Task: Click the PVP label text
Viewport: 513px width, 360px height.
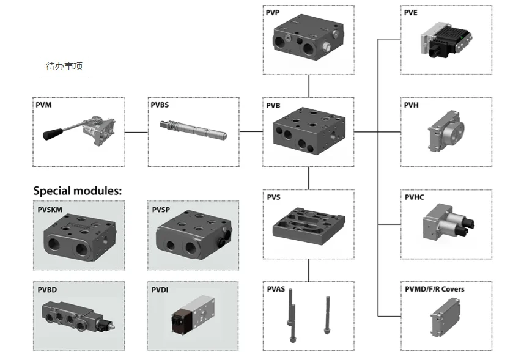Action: (x=273, y=12)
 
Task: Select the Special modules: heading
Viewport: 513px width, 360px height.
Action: (x=78, y=190)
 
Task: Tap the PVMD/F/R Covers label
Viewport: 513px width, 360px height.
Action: (x=434, y=289)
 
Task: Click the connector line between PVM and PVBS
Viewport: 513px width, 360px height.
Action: (x=136, y=131)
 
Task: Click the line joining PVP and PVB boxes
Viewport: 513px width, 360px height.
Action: (x=309, y=86)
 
